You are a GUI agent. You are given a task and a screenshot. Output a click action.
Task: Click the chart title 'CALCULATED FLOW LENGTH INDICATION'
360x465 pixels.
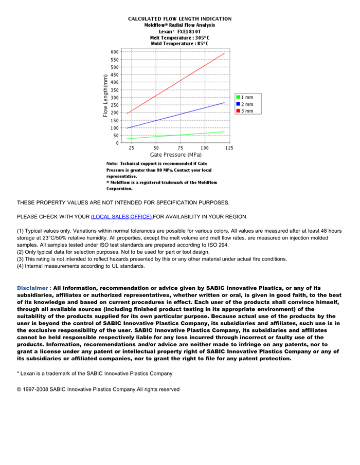pyautogui.click(x=179, y=19)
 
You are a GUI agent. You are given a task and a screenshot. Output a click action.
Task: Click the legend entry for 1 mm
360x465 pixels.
pyautogui.click(x=244, y=97)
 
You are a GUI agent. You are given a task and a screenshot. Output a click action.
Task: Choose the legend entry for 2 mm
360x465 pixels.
pyautogui.click(x=244, y=104)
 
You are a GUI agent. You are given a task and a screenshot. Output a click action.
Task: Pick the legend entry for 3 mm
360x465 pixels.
pyautogui.click(x=244, y=111)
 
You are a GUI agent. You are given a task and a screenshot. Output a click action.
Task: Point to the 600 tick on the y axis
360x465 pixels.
pyautogui.click(x=114, y=52)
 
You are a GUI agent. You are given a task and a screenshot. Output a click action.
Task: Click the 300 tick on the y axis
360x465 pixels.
pyautogui.click(x=114, y=98)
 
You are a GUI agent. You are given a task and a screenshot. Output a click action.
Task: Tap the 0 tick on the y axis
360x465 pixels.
pyautogui.click(x=117, y=143)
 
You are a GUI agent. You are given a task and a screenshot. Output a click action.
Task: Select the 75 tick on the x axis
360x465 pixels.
pyautogui.click(x=180, y=148)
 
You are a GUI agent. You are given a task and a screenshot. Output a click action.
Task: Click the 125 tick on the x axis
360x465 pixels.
pyautogui.click(x=229, y=148)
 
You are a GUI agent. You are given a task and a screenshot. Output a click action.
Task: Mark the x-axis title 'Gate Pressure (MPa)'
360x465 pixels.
pyautogui.click(x=175, y=155)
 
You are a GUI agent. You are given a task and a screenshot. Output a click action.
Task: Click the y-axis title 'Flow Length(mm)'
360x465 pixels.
pyautogui.click(x=105, y=96)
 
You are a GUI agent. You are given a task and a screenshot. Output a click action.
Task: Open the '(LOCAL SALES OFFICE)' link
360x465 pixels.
pyautogui.click(x=121, y=217)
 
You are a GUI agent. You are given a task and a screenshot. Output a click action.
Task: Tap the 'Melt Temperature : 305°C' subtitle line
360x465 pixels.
pyautogui.click(x=179, y=38)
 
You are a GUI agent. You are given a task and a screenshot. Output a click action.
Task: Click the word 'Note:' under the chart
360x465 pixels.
pyautogui.click(x=113, y=163)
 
